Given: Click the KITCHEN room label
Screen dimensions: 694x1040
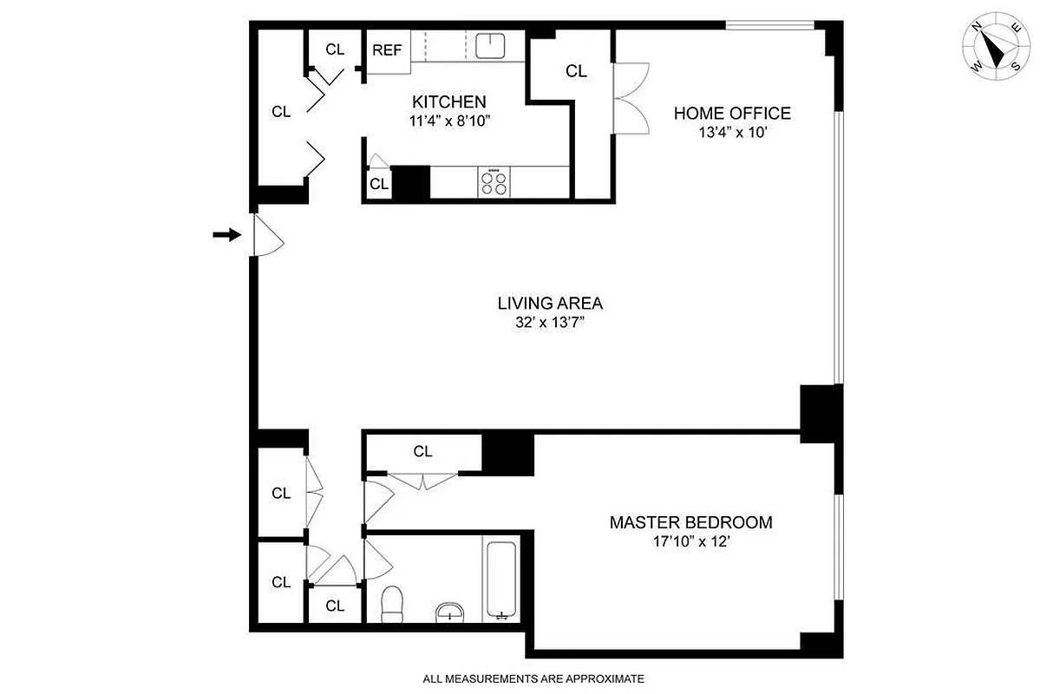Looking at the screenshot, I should (x=448, y=101).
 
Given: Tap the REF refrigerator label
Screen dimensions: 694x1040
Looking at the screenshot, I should (x=387, y=49).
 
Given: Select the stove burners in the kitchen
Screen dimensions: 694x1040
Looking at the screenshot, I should (x=494, y=182).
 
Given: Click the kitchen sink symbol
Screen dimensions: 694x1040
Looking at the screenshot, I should (x=493, y=44).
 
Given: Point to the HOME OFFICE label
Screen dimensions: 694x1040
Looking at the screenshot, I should (x=732, y=113).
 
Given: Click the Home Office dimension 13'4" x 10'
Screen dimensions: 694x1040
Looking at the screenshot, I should (x=732, y=133).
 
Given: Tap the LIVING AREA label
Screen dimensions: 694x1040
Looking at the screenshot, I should (x=550, y=303).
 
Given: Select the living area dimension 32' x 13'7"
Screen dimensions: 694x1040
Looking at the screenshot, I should (x=550, y=323).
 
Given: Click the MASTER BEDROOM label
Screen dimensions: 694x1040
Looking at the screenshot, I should (x=690, y=522).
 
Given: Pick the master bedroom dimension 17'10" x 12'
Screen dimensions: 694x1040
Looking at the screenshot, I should (x=690, y=542).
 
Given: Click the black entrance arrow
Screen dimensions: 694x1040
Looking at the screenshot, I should (x=226, y=234).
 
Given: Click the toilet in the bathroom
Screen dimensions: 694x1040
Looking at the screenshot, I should (x=393, y=603).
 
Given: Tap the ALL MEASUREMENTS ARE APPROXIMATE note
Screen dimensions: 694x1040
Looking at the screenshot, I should (x=533, y=678).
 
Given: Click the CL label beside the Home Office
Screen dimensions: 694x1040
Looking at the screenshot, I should (x=576, y=71).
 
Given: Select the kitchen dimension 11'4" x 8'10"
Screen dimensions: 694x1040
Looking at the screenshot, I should (x=448, y=121).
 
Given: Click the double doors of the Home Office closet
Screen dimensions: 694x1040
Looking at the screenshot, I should (x=631, y=97).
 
